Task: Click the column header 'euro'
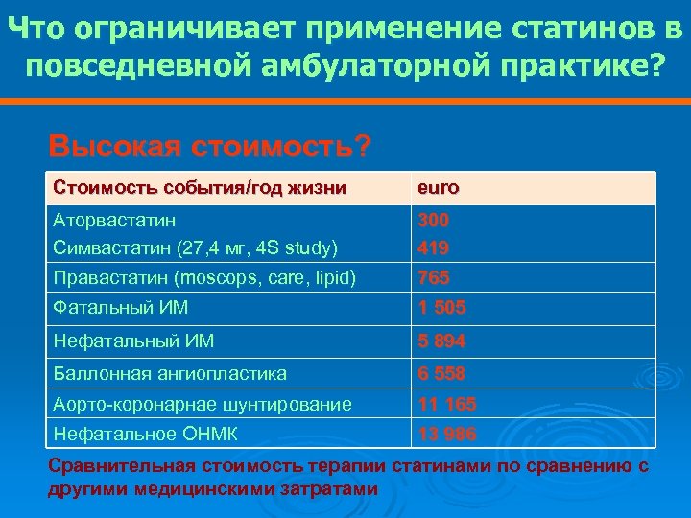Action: pyautogui.click(x=437, y=188)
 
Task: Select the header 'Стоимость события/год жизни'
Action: pyautogui.click(x=200, y=188)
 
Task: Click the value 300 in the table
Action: pyautogui.click(x=433, y=221)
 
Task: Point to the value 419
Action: pyautogui.click(x=433, y=248)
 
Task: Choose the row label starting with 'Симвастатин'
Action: pyautogui.click(x=196, y=248)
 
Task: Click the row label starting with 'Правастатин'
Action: pyautogui.click(x=204, y=278)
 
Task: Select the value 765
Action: pyautogui.click(x=433, y=278)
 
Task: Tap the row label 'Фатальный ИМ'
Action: pyautogui.click(x=121, y=308)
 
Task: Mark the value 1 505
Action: pyautogui.click(x=441, y=308)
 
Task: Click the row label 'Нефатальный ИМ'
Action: pyautogui.click(x=133, y=341)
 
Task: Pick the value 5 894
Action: pyautogui.click(x=441, y=341)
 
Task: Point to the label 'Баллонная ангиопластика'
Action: pyautogui.click(x=171, y=373)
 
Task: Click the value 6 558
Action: pyautogui.click(x=441, y=373)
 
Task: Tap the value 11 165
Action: pyautogui.click(x=445, y=405)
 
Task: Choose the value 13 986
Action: pyautogui.click(x=445, y=435)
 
